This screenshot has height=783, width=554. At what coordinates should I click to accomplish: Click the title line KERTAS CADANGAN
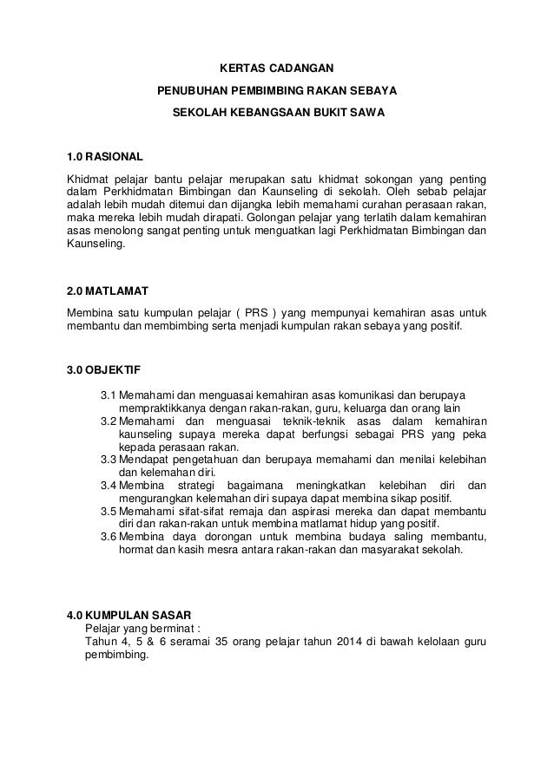click(275, 67)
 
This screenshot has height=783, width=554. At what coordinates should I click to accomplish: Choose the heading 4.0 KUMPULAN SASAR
click(122, 615)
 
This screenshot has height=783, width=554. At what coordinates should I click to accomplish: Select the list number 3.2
click(109, 421)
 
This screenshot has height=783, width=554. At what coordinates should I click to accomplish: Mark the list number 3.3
click(109, 459)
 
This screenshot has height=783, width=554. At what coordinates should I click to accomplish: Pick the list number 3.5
click(109, 511)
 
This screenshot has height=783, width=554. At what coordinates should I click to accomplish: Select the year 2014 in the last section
click(348, 642)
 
